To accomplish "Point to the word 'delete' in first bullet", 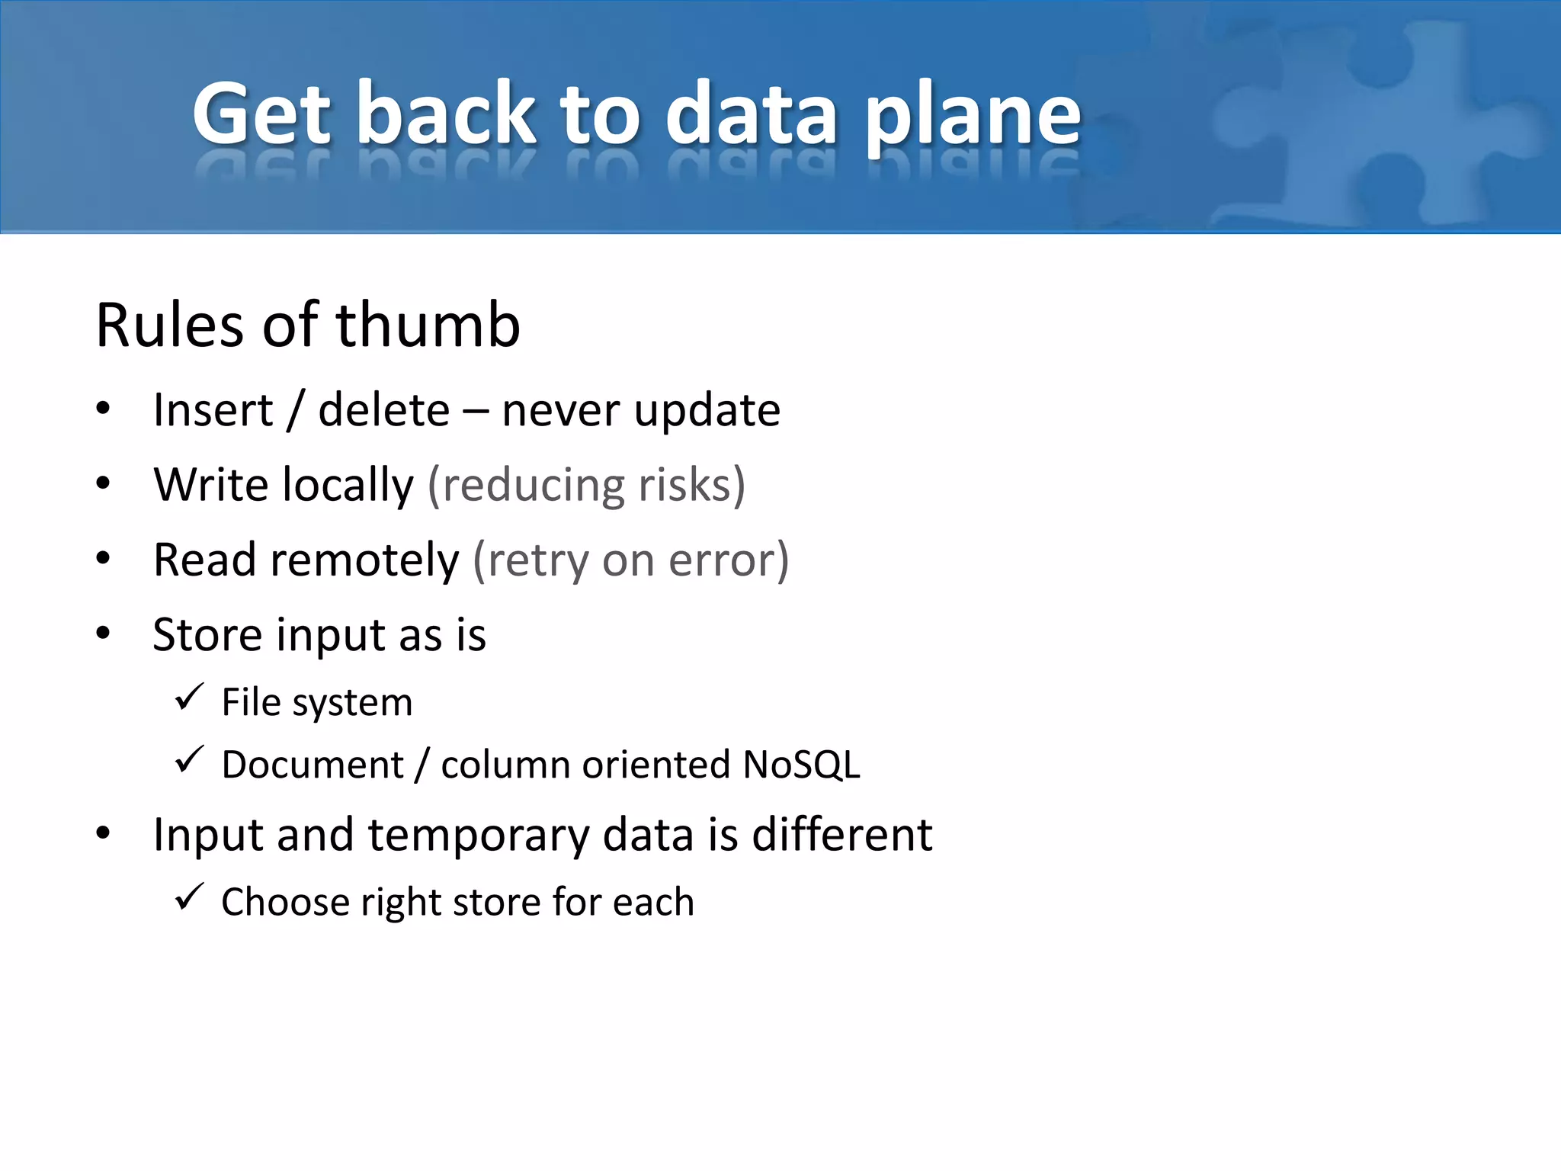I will pyautogui.click(x=383, y=411).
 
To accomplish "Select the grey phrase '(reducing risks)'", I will pyautogui.click(x=586, y=486).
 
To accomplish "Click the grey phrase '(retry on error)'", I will pyautogui.click(x=630, y=560).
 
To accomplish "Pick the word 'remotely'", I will pyautogui.click(x=364, y=560).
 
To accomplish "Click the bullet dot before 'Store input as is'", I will pyautogui.click(x=104, y=633).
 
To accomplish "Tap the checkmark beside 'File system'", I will pyautogui.click(x=189, y=697).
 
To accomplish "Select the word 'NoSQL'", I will pyautogui.click(x=801, y=765).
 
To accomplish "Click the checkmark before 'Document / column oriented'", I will pyautogui.click(x=189, y=759).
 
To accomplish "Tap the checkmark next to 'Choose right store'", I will pyautogui.click(x=189, y=897).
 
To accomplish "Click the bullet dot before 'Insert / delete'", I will pyautogui.click(x=104, y=409).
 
